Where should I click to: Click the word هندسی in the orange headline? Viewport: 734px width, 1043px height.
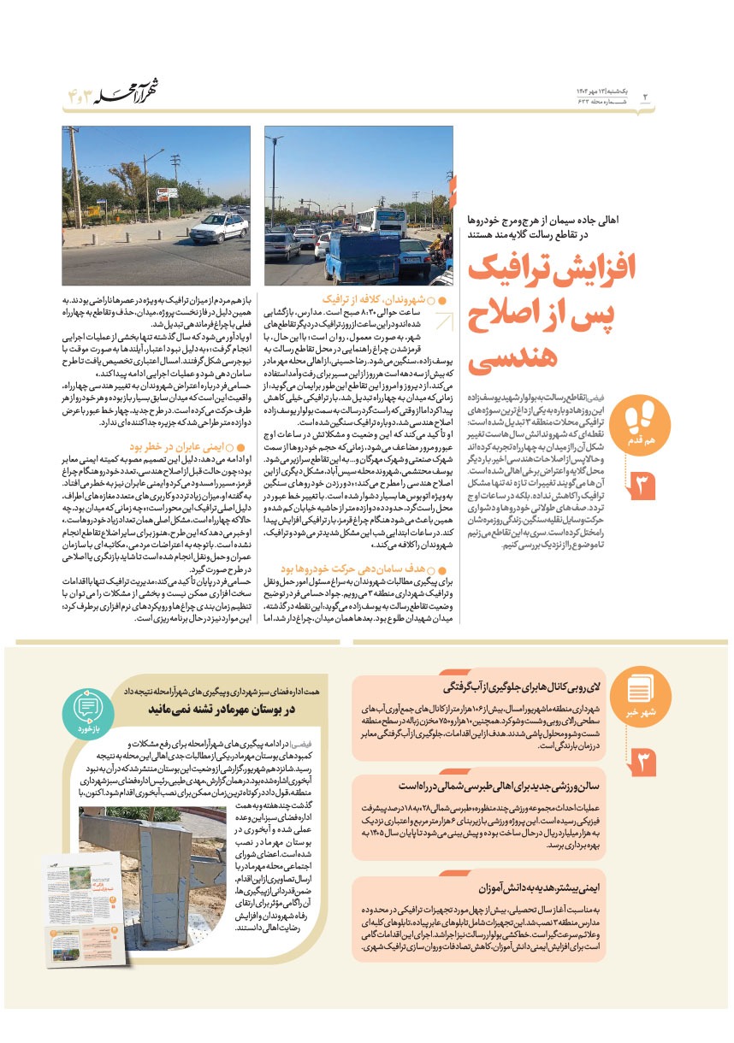pos(512,353)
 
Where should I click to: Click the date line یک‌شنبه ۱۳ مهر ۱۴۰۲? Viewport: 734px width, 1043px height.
pos(603,90)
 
